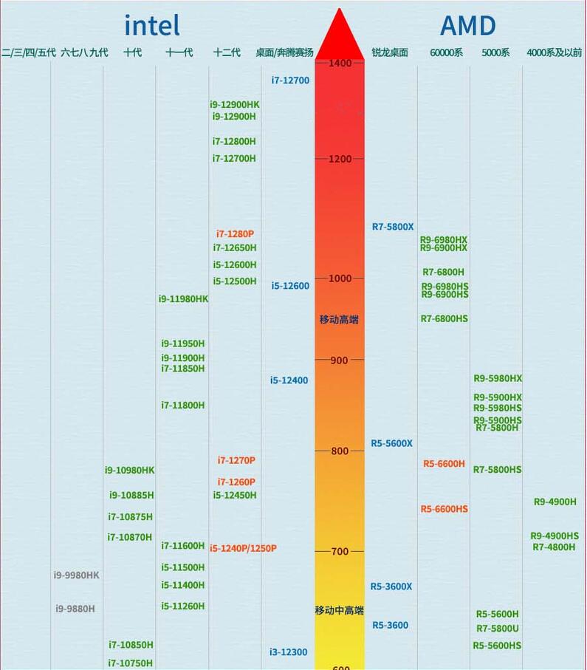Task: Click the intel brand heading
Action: (151, 26)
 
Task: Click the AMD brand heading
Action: (467, 26)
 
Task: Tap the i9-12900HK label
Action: (235, 105)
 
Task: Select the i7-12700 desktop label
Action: (290, 81)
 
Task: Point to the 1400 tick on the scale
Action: (340, 64)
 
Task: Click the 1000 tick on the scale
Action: (340, 278)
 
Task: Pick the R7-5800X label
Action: (393, 227)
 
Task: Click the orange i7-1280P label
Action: (235, 234)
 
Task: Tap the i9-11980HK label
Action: (184, 299)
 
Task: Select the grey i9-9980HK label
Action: (76, 575)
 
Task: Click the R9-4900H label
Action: (555, 502)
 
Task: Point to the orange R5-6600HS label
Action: (444, 509)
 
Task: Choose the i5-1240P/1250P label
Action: (243, 548)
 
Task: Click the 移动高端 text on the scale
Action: (339, 320)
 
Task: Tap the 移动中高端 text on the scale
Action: (339, 611)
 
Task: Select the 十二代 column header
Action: (227, 52)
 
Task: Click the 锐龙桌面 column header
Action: (390, 52)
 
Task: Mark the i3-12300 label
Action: (289, 652)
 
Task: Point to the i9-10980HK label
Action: (130, 471)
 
